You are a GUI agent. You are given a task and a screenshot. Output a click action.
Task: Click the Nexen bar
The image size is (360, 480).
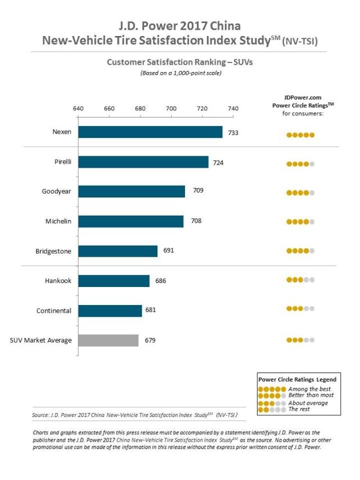coord(150,132)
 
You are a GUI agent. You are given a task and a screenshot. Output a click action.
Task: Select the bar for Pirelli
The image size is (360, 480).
coord(143,162)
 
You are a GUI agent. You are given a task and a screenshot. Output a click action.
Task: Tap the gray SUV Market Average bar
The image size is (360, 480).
coord(109,340)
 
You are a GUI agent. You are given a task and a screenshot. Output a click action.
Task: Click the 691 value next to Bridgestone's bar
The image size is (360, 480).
coord(168,250)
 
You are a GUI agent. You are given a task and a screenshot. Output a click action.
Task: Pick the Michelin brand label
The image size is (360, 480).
coord(58,222)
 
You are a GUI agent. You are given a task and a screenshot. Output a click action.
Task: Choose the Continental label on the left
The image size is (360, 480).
coord(54,311)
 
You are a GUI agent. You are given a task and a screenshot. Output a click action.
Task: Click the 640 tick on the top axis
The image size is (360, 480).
coord(78,109)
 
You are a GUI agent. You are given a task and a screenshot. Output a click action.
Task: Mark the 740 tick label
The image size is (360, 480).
coord(233,109)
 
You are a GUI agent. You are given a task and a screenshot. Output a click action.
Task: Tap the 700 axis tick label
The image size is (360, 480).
coord(171,109)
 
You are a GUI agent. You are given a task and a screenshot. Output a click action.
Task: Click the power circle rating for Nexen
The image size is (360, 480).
coord(300,135)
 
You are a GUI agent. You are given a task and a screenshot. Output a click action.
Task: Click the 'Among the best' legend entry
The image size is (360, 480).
coord(309,389)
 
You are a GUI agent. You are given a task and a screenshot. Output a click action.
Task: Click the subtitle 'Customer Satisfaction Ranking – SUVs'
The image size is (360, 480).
coord(179,62)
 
